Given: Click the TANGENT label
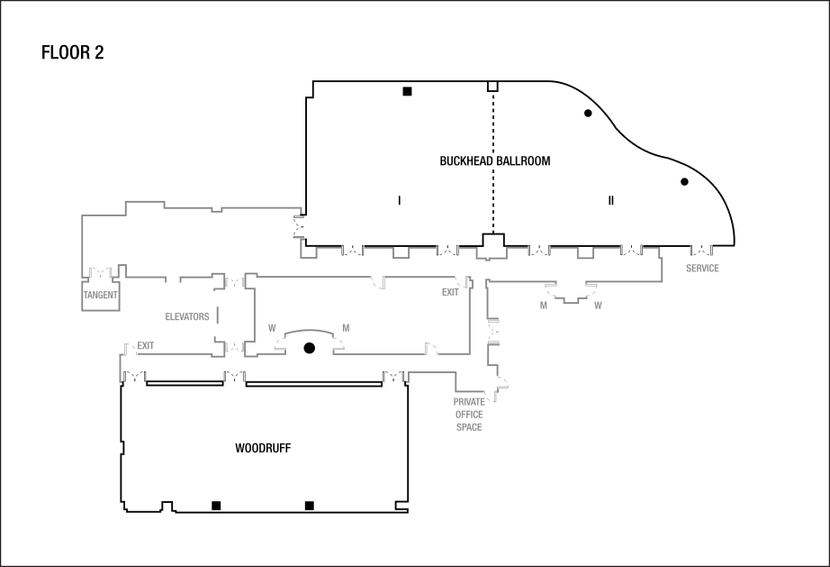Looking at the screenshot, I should coord(101,295).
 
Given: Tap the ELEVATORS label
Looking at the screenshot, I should coord(187,317).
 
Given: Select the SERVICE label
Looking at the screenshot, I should coord(702,269).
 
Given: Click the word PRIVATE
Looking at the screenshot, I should coord(469,401).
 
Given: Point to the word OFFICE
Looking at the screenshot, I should coord(469,415).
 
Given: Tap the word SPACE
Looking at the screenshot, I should coord(469,427).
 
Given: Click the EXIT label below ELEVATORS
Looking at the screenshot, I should coord(146,346).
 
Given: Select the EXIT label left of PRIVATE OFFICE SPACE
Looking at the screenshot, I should coord(450,292).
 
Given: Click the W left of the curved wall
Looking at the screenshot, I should coord(272,328).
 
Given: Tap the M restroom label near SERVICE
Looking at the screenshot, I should coord(544,306).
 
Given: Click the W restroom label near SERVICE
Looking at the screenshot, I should coord(598,306).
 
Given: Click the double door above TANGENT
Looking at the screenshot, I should coord(101,272).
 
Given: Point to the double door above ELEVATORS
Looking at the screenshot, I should coord(236,282).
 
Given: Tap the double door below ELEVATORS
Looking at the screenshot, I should coord(236,346).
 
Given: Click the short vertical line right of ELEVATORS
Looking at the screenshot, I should coord(217,316).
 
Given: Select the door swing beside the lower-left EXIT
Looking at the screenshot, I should coord(130,348).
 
